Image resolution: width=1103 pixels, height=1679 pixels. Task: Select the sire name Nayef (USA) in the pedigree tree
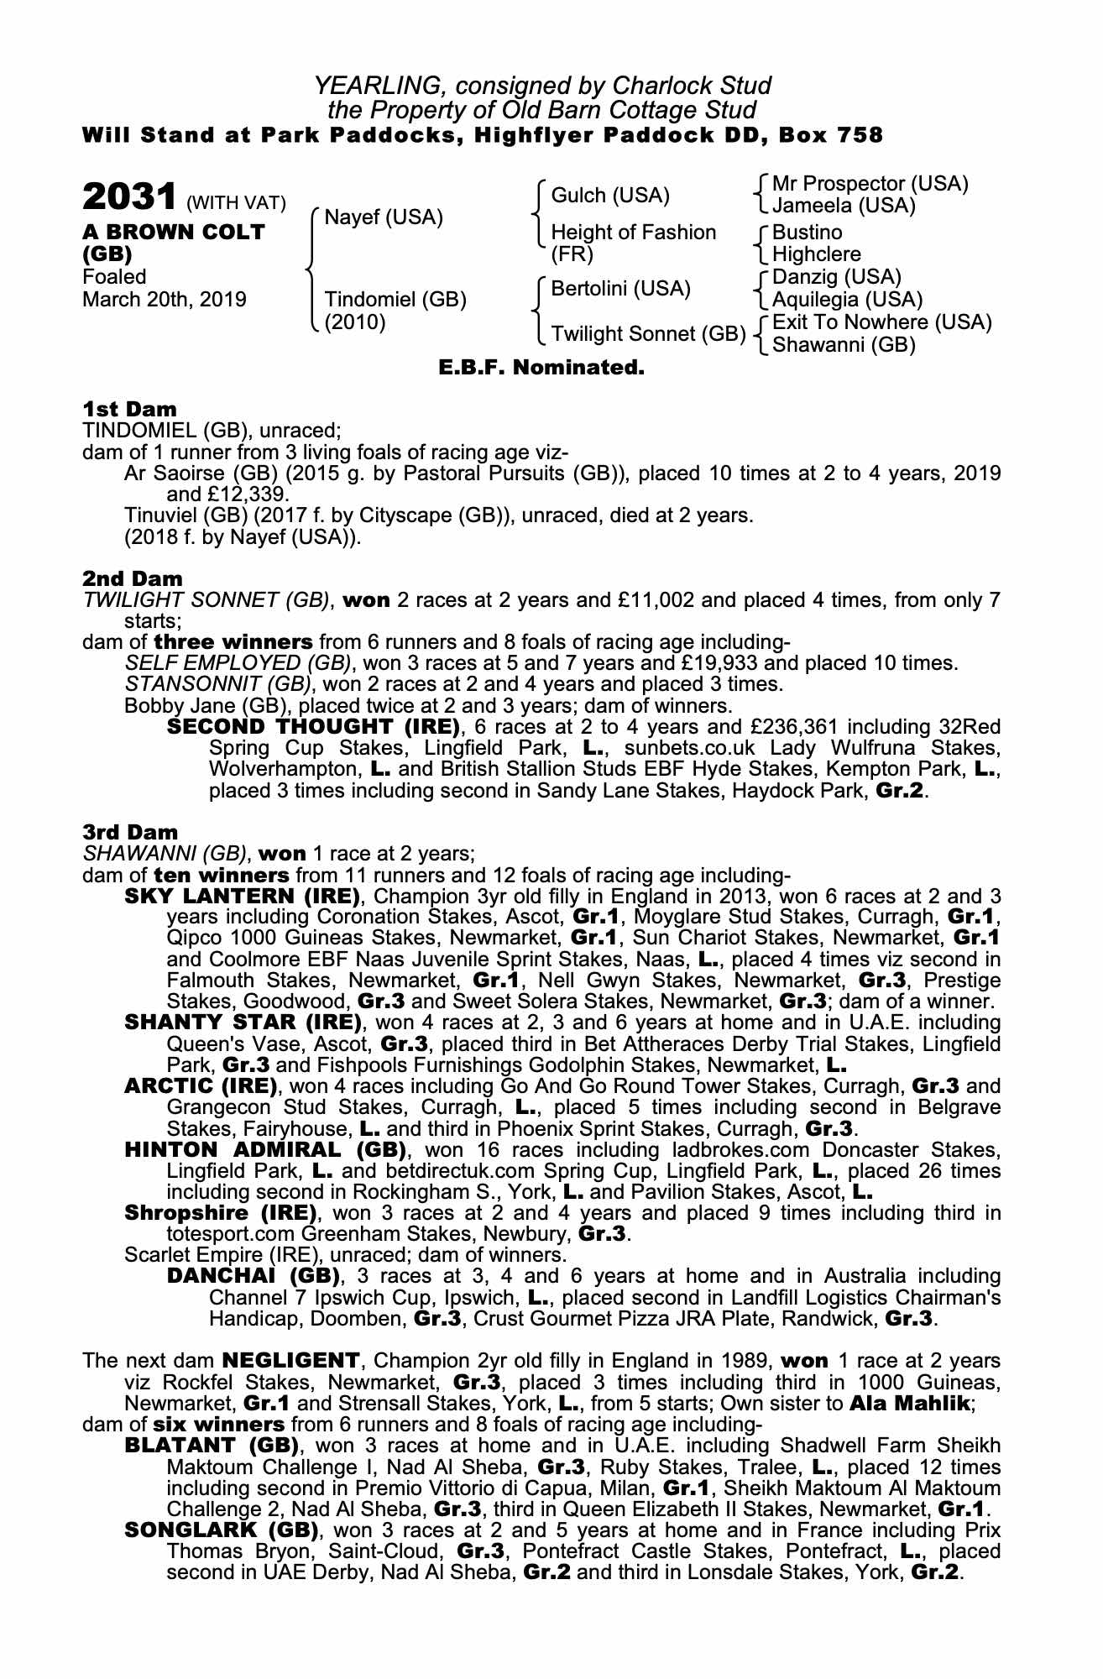coord(383,217)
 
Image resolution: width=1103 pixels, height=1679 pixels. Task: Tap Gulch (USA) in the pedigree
coord(610,196)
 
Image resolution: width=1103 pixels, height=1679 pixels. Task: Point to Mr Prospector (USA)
coord(870,183)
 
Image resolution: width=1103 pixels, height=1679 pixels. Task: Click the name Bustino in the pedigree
coord(807,232)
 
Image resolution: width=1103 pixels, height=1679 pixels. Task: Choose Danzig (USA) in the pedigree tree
coord(836,277)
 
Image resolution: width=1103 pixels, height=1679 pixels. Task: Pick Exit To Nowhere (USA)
coord(881,322)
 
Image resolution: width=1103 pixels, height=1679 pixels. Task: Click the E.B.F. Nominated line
coord(541,368)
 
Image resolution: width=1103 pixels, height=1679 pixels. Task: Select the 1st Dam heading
coord(129,410)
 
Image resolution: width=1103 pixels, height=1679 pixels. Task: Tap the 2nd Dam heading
coord(132,578)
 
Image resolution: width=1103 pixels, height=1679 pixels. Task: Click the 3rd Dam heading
coord(130,832)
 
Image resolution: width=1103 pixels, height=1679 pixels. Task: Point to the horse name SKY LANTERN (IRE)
coord(243,896)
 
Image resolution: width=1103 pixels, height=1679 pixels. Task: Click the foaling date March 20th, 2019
coord(165,300)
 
